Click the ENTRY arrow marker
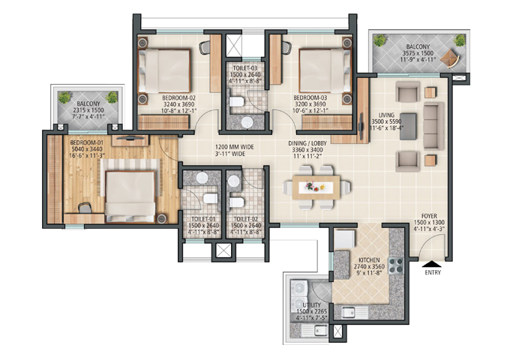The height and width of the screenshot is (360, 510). [432, 264]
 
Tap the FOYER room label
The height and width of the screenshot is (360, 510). [429, 216]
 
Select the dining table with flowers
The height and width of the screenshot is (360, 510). [316, 187]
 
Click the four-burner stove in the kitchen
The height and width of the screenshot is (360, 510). [395, 265]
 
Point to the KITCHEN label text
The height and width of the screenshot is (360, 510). [369, 260]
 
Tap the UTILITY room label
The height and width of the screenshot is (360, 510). [311, 305]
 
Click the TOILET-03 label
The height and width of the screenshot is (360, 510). [245, 68]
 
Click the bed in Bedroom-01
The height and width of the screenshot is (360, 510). [130, 196]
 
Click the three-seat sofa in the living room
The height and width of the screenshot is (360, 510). [433, 126]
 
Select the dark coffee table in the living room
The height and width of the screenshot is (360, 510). [408, 127]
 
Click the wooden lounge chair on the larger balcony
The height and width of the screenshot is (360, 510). [450, 58]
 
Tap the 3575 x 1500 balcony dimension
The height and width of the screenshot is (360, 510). [418, 53]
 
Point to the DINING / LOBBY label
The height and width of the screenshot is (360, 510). [307, 143]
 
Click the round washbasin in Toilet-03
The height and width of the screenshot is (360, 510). [247, 122]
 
